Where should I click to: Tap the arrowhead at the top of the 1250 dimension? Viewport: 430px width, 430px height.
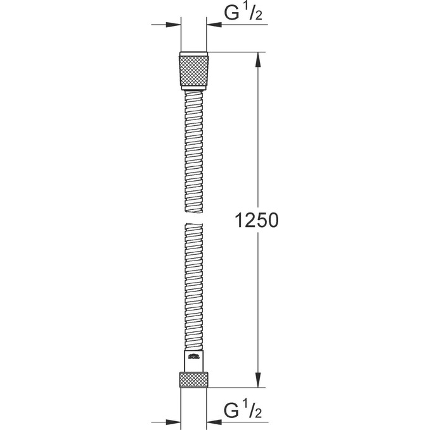(257, 59)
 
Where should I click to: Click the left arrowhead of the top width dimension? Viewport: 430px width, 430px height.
(174, 25)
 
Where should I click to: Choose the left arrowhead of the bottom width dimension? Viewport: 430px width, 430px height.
(174, 419)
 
